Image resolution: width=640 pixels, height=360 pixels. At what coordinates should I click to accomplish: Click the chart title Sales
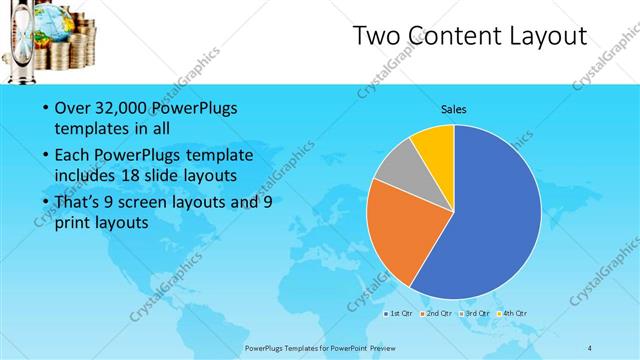(x=454, y=109)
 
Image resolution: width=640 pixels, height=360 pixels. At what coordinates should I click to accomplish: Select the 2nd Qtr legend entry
(x=435, y=312)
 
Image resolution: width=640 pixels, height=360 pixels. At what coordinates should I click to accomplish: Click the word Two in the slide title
(x=378, y=38)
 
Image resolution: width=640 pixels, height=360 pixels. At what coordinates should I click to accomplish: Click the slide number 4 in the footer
(x=590, y=347)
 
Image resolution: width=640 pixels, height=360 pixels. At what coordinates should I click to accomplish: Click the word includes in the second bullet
(x=86, y=176)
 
